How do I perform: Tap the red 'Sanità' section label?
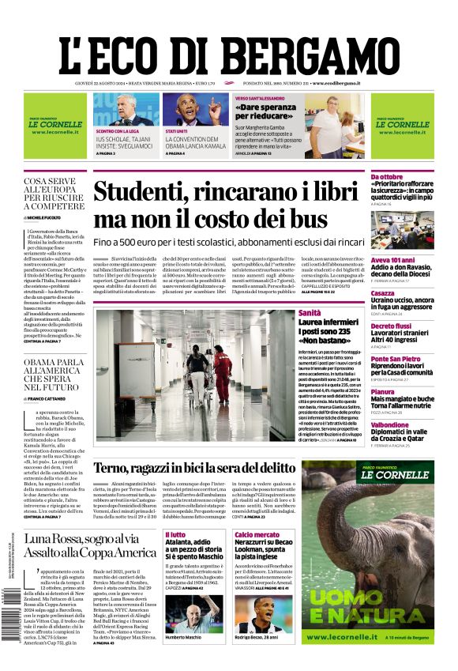click(x=310, y=313)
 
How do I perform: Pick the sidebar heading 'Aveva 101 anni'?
click(x=392, y=260)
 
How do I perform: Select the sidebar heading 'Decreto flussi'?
click(x=391, y=326)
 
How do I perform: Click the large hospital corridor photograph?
click(x=193, y=378)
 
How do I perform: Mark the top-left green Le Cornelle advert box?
click(x=55, y=125)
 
